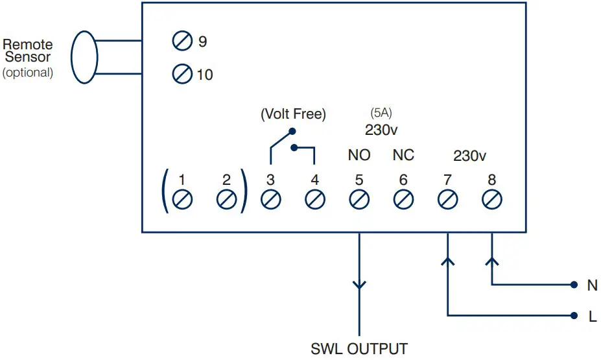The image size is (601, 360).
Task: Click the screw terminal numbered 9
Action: (x=182, y=42)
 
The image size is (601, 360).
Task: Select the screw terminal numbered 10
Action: (x=182, y=75)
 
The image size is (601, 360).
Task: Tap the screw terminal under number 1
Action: (x=182, y=199)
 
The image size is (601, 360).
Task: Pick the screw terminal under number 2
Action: (x=226, y=199)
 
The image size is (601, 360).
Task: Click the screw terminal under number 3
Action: (x=270, y=199)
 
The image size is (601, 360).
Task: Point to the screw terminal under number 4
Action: (x=314, y=199)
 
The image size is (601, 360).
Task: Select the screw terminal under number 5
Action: (x=359, y=199)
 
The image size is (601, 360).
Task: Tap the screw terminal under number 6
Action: (x=403, y=199)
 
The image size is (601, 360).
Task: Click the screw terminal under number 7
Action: (x=447, y=199)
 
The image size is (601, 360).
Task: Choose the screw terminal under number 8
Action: (x=491, y=199)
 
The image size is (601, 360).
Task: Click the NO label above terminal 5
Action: (x=359, y=155)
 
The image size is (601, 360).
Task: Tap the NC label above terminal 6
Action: (x=403, y=155)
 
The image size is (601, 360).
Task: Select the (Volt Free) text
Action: (x=293, y=114)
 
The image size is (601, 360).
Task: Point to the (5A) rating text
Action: (x=381, y=113)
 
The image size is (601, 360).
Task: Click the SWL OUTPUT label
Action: (x=359, y=349)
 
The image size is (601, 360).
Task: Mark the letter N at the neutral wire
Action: (x=592, y=285)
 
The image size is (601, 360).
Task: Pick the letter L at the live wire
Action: (x=592, y=317)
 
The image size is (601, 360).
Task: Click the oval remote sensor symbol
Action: (x=84, y=56)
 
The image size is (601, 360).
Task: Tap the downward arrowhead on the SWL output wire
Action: (x=359, y=285)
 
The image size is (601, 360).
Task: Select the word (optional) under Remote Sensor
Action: (x=28, y=73)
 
